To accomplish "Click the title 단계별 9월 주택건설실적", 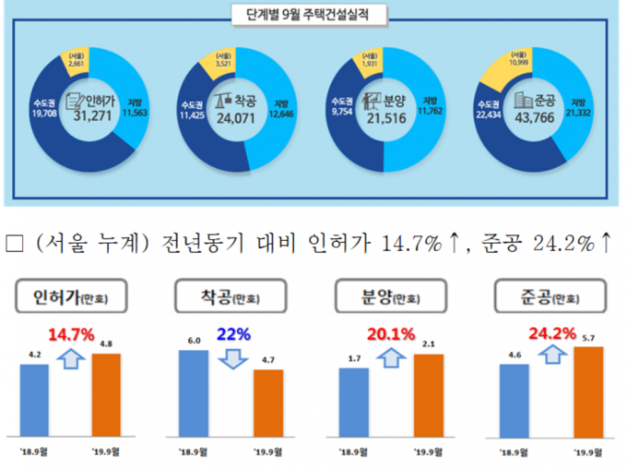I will click(313, 16).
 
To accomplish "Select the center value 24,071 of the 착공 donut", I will click(233, 117).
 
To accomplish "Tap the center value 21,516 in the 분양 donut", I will click(381, 117).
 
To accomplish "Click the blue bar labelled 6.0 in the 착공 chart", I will click(193, 392).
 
